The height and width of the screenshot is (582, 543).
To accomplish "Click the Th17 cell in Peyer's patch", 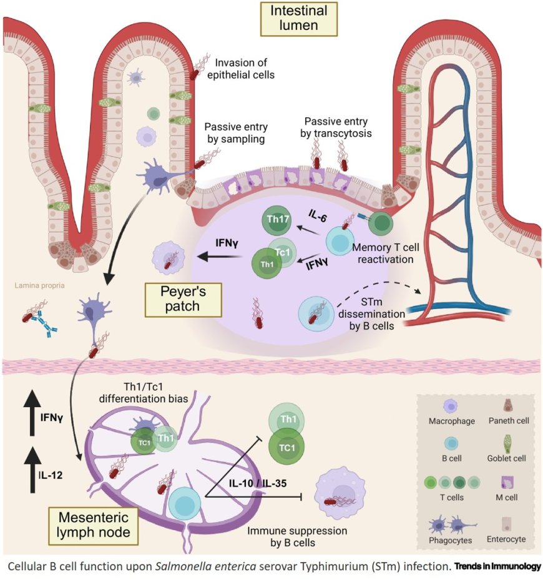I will (276, 220).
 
